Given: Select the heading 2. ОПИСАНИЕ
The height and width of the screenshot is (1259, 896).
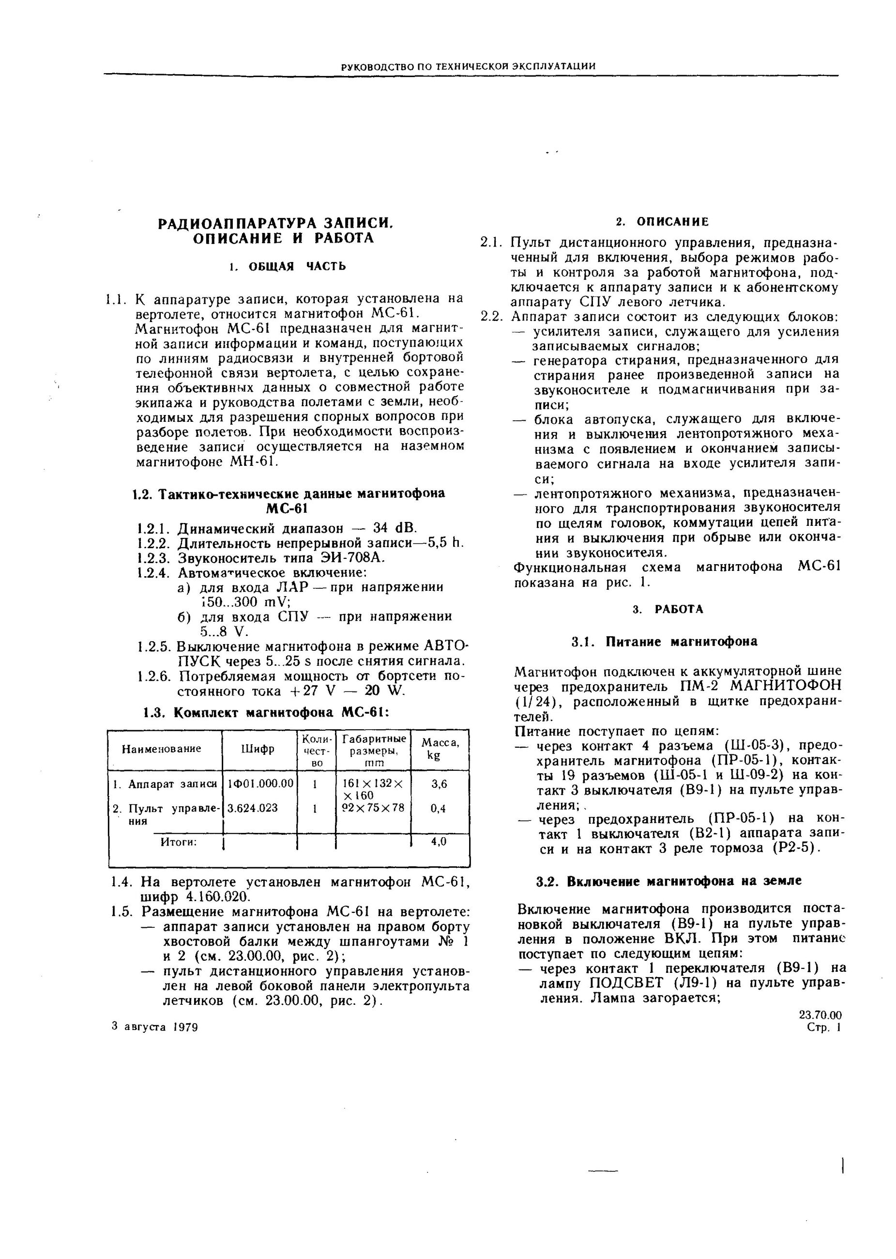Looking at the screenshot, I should pyautogui.click(x=662, y=222).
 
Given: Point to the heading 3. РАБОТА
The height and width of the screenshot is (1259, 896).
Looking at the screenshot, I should pyautogui.click(x=668, y=609).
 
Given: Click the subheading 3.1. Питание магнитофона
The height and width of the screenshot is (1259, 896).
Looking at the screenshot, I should pyautogui.click(x=664, y=642).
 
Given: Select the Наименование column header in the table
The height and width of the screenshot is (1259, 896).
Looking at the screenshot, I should pyautogui.click(x=161, y=749).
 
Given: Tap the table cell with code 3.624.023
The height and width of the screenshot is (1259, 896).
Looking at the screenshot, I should pyautogui.click(x=252, y=808).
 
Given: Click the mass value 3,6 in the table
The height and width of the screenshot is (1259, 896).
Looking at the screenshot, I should pyautogui.click(x=439, y=784).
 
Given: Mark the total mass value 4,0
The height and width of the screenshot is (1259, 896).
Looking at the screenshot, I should pyautogui.click(x=439, y=842).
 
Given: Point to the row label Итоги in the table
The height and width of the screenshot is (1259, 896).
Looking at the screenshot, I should pyautogui.click(x=179, y=842).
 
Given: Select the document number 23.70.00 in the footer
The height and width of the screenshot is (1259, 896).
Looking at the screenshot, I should pyautogui.click(x=820, y=1015).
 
